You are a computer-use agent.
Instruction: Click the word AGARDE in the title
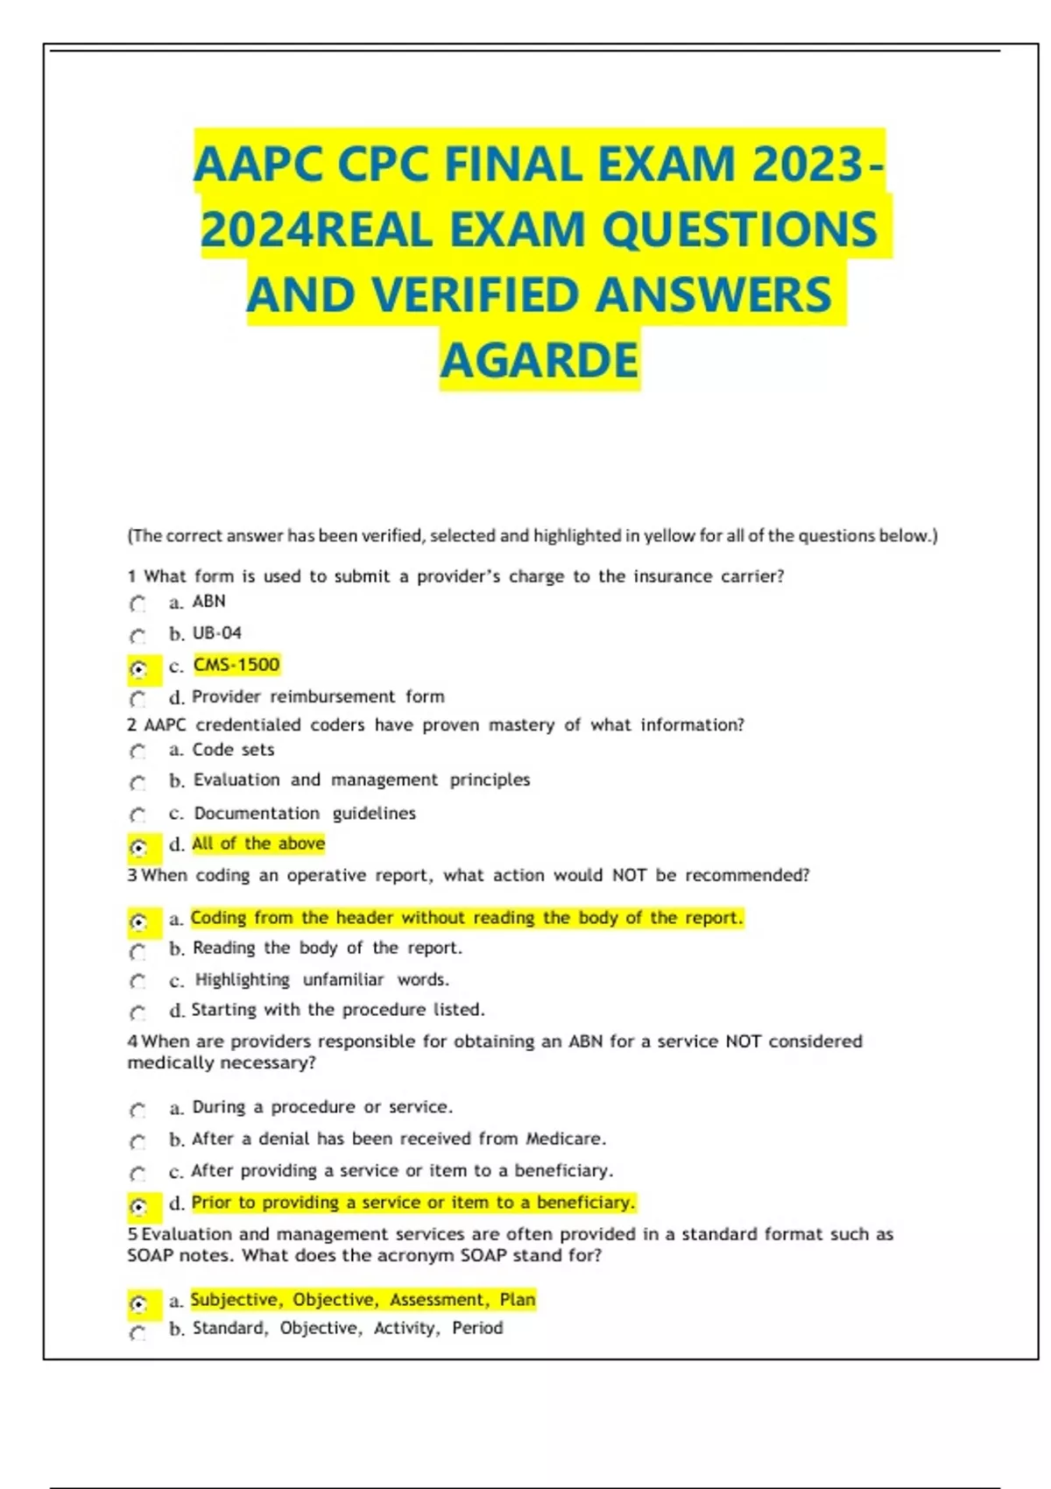click(x=540, y=360)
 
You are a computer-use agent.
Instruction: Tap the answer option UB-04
click(x=216, y=633)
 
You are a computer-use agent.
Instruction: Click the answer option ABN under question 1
click(x=208, y=602)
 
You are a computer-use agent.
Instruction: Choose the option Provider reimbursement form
click(x=318, y=697)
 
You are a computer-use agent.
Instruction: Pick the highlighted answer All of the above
click(x=258, y=843)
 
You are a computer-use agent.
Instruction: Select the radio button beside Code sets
click(x=138, y=752)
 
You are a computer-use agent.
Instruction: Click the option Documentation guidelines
click(x=304, y=814)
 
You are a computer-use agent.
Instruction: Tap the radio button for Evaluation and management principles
click(x=138, y=783)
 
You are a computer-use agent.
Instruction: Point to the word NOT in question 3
click(x=629, y=875)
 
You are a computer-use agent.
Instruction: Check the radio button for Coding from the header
click(x=138, y=921)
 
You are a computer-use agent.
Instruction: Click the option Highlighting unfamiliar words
click(x=321, y=980)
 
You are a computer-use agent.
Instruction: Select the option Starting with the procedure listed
click(x=338, y=1010)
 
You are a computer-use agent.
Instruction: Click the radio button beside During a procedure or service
click(x=138, y=1111)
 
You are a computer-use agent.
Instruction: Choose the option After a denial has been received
click(x=399, y=1139)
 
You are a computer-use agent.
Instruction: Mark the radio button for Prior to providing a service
click(x=138, y=1206)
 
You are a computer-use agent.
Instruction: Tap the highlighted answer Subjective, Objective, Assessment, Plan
click(x=363, y=1300)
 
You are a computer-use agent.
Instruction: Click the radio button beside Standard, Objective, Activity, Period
click(x=138, y=1333)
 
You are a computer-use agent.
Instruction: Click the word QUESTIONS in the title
click(x=739, y=229)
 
